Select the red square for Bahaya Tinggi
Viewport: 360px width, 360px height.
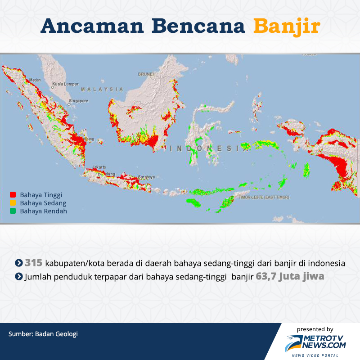pyautogui.click(x=13, y=195)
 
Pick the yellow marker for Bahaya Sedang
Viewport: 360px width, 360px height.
pyautogui.click(x=13, y=203)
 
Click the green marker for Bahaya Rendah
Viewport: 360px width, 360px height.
pyautogui.click(x=13, y=211)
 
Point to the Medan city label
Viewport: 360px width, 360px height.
pyautogui.click(x=35, y=81)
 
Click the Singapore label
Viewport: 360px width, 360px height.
pyautogui.click(x=79, y=101)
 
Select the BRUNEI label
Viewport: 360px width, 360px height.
pyautogui.click(x=146, y=74)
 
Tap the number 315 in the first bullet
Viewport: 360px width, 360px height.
pyautogui.click(x=33, y=263)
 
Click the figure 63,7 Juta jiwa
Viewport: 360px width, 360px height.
pyautogui.click(x=290, y=276)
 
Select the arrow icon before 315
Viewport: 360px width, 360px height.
pyautogui.click(x=19, y=263)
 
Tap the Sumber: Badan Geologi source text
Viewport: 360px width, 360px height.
pyautogui.click(x=43, y=334)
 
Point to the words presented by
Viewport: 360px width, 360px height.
pyautogui.click(x=315, y=329)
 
